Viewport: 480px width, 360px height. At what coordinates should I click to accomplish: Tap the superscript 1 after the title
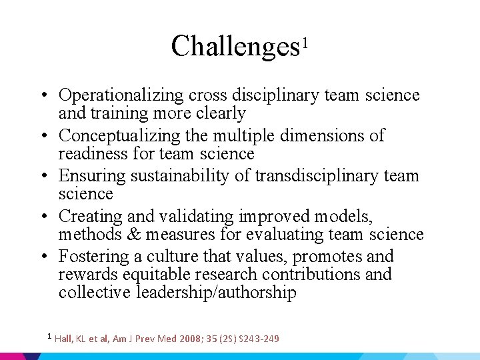click(x=305, y=43)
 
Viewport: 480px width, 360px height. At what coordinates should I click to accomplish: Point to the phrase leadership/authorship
click(x=216, y=293)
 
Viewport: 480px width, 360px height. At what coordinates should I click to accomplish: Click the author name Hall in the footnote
click(x=64, y=339)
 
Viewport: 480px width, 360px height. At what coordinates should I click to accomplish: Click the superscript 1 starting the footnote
click(x=49, y=335)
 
